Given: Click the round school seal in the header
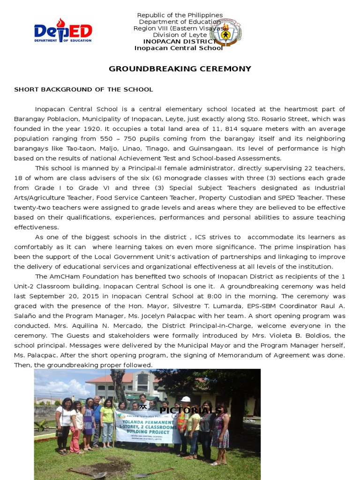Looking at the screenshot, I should [x=225, y=32].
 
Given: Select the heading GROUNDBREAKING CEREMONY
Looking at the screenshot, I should [x=180, y=69].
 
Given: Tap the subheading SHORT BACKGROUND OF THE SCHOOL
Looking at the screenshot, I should [x=83, y=90].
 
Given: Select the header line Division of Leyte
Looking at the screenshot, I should [x=180, y=35].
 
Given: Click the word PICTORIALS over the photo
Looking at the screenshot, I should [x=190, y=411].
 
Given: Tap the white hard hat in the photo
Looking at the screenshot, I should [x=186, y=399].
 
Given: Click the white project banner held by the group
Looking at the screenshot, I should [x=148, y=427].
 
